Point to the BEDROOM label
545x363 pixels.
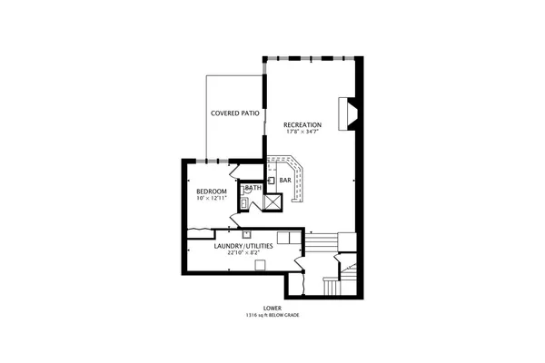pyautogui.click(x=212, y=191)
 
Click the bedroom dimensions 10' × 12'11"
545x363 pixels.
pyautogui.click(x=212, y=199)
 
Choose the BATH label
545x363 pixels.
pyautogui.click(x=253, y=188)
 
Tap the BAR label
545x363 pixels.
pyautogui.click(x=285, y=181)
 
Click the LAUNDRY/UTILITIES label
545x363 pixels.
pyautogui.click(x=244, y=246)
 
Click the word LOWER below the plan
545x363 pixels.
pyautogui.click(x=272, y=309)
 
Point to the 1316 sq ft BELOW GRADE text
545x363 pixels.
pyautogui.click(x=272, y=315)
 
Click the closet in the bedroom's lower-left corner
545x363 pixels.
pyautogui.click(x=201, y=233)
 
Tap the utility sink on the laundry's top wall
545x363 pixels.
pyautogui.click(x=246, y=234)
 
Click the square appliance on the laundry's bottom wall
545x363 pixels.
pyautogui.click(x=261, y=265)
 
